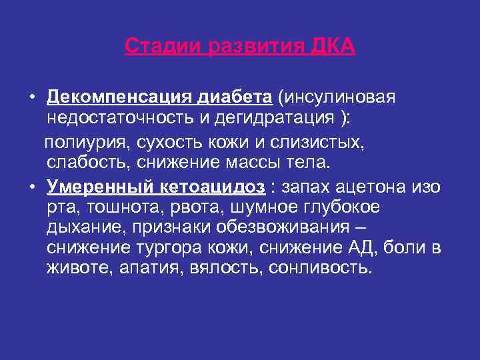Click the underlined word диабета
pos(235,98)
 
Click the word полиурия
pos(86,142)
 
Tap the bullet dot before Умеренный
pos(32,187)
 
